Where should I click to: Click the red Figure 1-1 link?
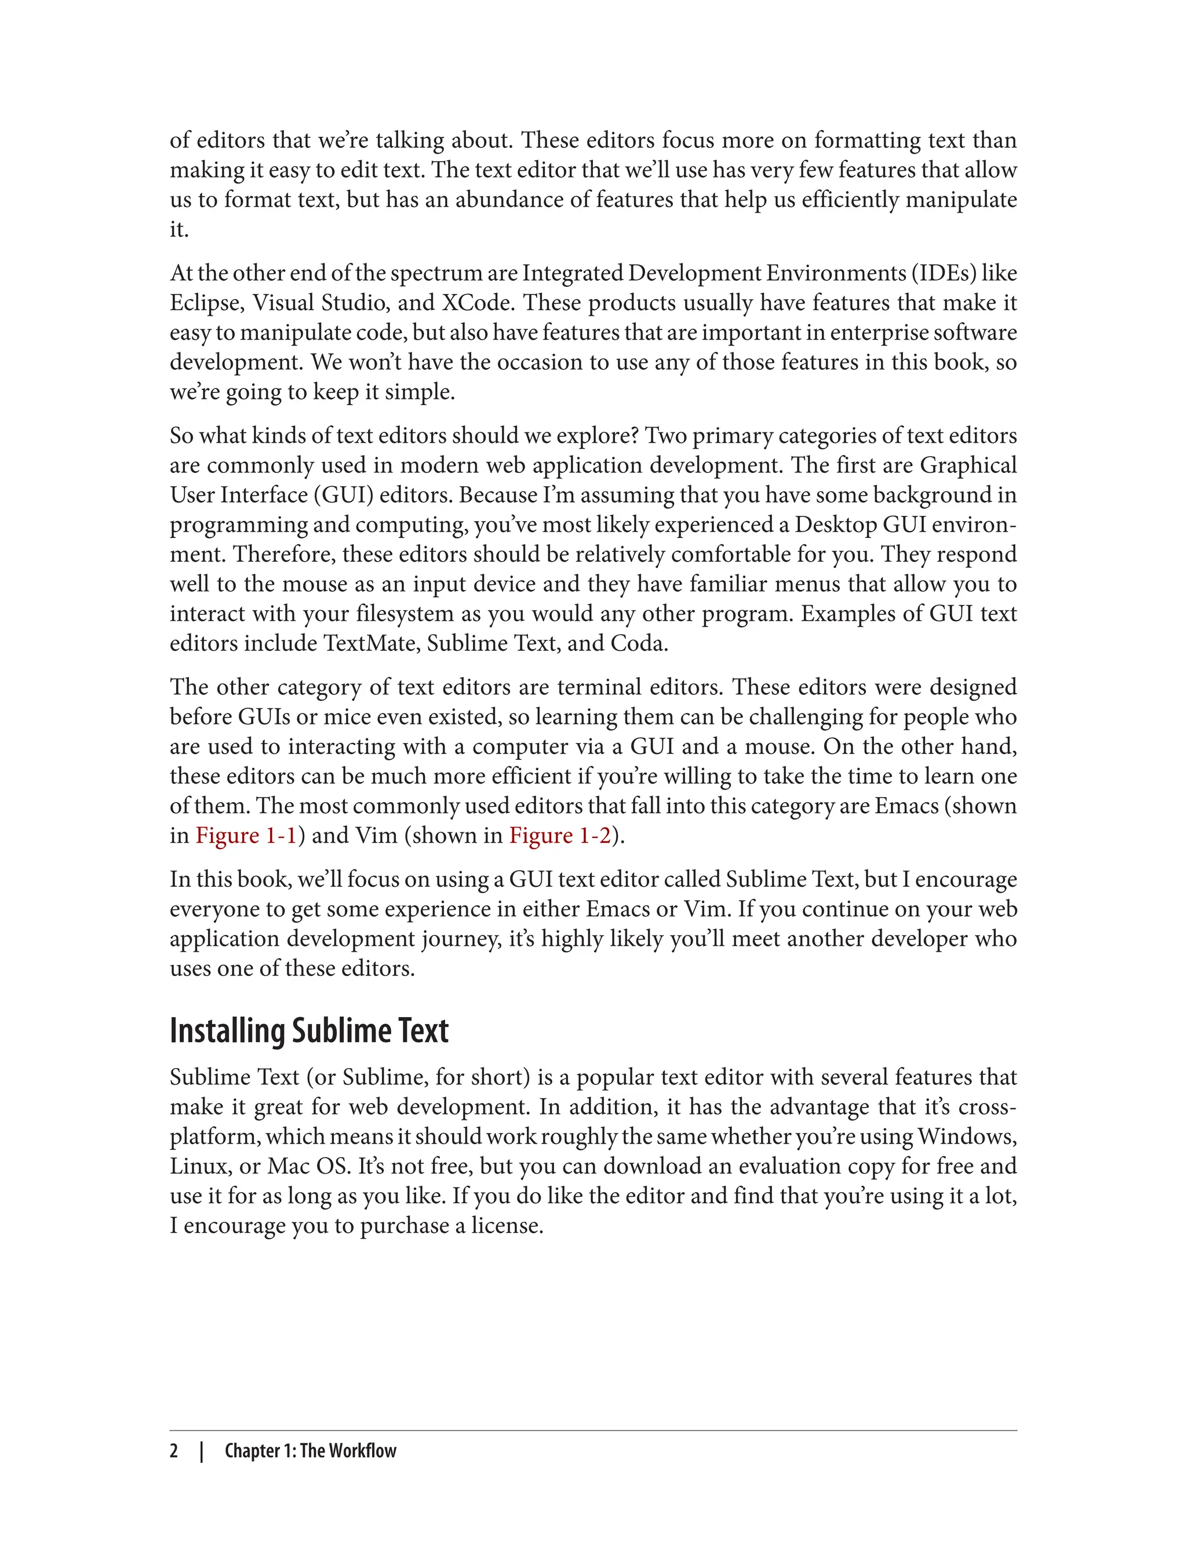click(x=246, y=836)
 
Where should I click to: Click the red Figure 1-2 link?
click(x=559, y=836)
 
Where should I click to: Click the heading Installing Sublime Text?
click(x=309, y=1031)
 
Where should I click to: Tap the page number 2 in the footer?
click(x=174, y=1451)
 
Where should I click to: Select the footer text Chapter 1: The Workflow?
click(x=310, y=1451)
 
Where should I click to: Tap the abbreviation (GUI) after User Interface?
click(x=343, y=496)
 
